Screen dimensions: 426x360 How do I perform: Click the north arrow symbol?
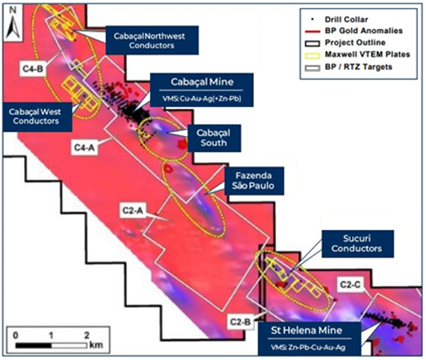tap(13, 27)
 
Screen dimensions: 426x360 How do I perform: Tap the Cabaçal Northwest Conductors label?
tap(152, 40)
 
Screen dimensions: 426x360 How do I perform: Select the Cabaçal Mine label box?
tap(201, 90)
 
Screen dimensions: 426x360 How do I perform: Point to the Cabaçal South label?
tap(214, 138)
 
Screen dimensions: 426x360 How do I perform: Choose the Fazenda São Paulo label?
tap(254, 181)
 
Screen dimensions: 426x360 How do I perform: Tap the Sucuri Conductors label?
tap(358, 243)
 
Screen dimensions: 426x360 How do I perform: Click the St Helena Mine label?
tap(309, 338)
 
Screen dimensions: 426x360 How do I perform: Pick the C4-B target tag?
tap(33, 69)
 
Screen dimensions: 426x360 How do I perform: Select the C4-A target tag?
tap(84, 148)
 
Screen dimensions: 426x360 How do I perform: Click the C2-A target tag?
tap(132, 210)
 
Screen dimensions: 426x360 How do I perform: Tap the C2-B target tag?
tap(240, 322)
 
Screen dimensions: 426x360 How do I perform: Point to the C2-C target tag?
tap(350, 284)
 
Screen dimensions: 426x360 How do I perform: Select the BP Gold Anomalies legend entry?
tap(354, 31)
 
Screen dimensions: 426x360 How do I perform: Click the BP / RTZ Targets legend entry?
tap(348, 67)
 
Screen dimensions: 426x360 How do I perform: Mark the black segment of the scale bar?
tap(33, 346)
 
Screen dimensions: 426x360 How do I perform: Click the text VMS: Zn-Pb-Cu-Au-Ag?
tap(308, 347)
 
